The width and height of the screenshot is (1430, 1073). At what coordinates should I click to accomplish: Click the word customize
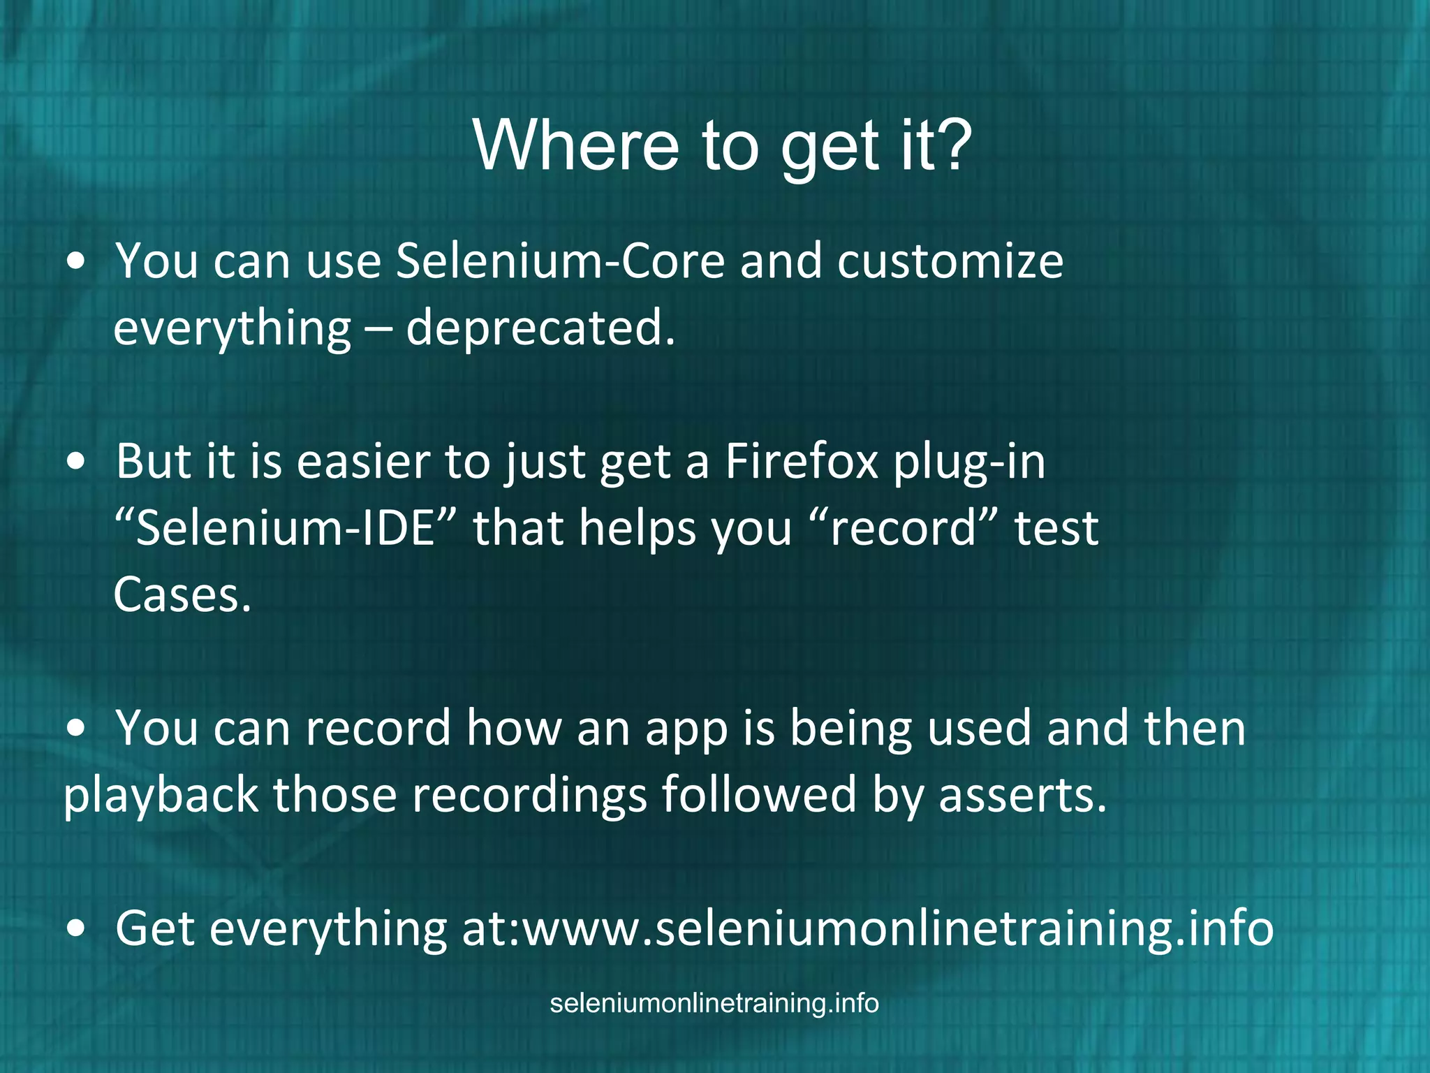(950, 261)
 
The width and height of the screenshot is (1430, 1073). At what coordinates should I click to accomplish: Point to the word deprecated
(540, 328)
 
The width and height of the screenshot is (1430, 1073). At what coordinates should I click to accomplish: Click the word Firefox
(801, 462)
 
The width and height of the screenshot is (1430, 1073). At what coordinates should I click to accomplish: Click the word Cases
(182, 595)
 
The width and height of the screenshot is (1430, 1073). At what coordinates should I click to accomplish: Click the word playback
(161, 796)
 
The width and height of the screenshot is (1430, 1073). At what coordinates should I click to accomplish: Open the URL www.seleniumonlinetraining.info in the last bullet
(898, 928)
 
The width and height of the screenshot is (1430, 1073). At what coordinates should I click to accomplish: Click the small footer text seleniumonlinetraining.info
(714, 1003)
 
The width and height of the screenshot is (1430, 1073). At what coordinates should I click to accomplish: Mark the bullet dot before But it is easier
(77, 462)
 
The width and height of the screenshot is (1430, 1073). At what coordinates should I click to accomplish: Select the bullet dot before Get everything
(77, 929)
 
